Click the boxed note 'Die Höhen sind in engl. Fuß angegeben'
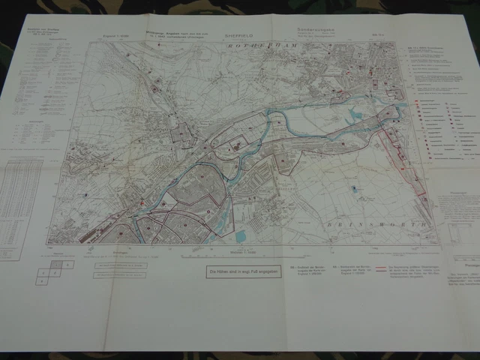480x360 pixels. click(240, 271)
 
